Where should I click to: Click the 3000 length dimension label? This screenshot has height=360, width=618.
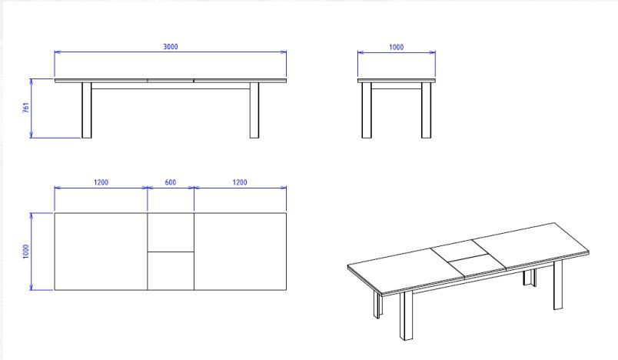click(x=171, y=46)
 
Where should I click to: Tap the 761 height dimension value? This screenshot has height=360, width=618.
click(x=26, y=108)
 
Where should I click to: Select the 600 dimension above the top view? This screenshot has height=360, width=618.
click(x=171, y=182)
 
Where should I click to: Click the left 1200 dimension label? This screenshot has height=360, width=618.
click(x=101, y=182)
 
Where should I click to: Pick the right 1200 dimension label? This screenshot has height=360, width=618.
click(x=240, y=182)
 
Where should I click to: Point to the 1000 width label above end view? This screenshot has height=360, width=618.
click(x=396, y=47)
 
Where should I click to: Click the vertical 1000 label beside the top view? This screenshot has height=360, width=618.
click(x=26, y=252)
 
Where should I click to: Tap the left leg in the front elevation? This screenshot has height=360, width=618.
click(x=87, y=110)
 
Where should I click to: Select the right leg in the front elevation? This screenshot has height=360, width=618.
click(x=254, y=110)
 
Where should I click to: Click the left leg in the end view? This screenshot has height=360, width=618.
click(x=367, y=110)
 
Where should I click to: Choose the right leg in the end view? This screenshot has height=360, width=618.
click(x=426, y=110)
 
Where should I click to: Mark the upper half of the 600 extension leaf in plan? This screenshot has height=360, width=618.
click(x=171, y=232)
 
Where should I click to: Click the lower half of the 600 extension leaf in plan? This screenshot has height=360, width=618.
click(x=171, y=271)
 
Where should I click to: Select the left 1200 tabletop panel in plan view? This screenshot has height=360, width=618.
click(x=101, y=252)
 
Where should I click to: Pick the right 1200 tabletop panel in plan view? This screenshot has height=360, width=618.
click(x=240, y=252)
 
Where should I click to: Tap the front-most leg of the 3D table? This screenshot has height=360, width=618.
click(x=406, y=315)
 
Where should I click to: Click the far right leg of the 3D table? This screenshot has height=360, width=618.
click(x=558, y=285)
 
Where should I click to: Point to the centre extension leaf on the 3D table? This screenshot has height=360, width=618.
click(x=468, y=258)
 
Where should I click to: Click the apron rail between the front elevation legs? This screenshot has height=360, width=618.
click(x=171, y=85)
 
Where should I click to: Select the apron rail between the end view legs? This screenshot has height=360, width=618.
click(x=396, y=85)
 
